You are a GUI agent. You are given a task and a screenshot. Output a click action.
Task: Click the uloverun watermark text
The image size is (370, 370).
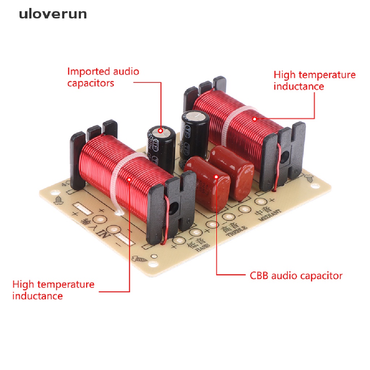[53, 14]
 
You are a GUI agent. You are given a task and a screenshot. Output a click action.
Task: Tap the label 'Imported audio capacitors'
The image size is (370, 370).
[103, 77]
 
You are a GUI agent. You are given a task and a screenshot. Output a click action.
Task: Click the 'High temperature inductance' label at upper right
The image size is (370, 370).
[314, 81]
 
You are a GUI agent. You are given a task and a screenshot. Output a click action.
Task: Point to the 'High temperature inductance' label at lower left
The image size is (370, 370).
[53, 290]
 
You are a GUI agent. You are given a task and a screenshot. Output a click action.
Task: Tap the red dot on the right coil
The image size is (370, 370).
[254, 119]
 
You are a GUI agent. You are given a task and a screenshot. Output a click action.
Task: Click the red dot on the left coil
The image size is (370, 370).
[129, 178]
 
